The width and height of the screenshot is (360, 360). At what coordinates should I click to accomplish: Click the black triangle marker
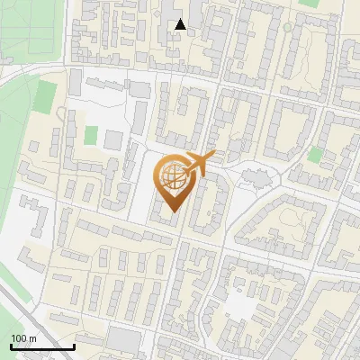(x=181, y=24)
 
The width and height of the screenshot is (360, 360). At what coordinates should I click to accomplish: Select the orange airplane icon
(x=200, y=163)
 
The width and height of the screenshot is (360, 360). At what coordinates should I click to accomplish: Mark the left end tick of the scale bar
(x=11, y=346)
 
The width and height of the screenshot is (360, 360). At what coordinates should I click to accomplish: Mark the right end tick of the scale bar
(x=74, y=346)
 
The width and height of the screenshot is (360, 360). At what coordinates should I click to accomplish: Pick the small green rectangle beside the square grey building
(x=91, y=135)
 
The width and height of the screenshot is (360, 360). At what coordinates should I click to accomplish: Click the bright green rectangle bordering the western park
(x=47, y=95)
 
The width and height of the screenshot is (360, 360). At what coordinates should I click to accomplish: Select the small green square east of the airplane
(x=314, y=154)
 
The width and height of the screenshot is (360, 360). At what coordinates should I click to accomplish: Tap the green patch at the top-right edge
(x=310, y=3)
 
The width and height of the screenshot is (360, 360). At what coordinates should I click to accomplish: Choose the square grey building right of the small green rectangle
(x=113, y=140)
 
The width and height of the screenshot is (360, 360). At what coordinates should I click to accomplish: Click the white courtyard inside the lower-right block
(x=241, y=306)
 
